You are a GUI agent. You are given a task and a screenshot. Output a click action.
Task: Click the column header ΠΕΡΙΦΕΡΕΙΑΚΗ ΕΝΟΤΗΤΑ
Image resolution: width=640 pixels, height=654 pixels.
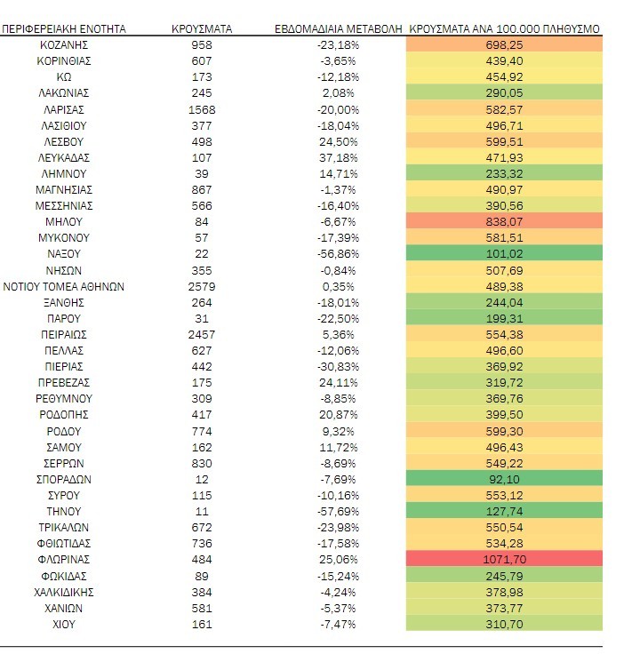(x=63, y=28)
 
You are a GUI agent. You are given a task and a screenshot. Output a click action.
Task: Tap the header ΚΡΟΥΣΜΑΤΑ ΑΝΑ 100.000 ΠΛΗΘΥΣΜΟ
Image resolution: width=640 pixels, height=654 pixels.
(x=504, y=28)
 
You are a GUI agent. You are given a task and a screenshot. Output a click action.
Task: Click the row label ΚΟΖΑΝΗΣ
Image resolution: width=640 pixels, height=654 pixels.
(x=63, y=44)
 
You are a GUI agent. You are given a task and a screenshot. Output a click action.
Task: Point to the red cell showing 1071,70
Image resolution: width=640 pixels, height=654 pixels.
(x=503, y=560)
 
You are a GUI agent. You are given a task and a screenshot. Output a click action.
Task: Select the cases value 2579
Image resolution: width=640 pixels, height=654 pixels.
(x=202, y=286)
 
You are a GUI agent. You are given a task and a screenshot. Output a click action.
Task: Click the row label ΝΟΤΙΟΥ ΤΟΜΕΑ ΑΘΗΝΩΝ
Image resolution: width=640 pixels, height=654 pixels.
(x=63, y=286)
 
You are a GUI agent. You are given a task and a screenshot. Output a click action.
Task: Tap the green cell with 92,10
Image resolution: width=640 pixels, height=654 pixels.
(x=503, y=479)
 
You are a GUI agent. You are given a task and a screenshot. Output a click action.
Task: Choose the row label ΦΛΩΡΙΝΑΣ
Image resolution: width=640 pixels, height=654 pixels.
(x=63, y=560)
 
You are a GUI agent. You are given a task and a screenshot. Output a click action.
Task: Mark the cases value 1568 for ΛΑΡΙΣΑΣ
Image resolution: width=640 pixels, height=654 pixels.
(x=202, y=109)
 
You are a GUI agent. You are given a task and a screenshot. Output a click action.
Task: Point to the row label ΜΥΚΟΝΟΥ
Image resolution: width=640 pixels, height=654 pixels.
(x=63, y=238)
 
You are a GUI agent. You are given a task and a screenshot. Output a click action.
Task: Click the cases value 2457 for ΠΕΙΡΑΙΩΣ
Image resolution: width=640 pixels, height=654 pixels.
(x=202, y=335)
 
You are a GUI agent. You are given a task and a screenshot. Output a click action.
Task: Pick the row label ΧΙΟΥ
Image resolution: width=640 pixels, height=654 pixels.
(x=63, y=624)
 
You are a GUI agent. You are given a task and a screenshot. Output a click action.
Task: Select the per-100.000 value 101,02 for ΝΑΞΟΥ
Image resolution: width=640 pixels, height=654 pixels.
(x=503, y=254)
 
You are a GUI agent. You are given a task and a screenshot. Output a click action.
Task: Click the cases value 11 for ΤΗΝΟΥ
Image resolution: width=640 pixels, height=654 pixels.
(x=202, y=512)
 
